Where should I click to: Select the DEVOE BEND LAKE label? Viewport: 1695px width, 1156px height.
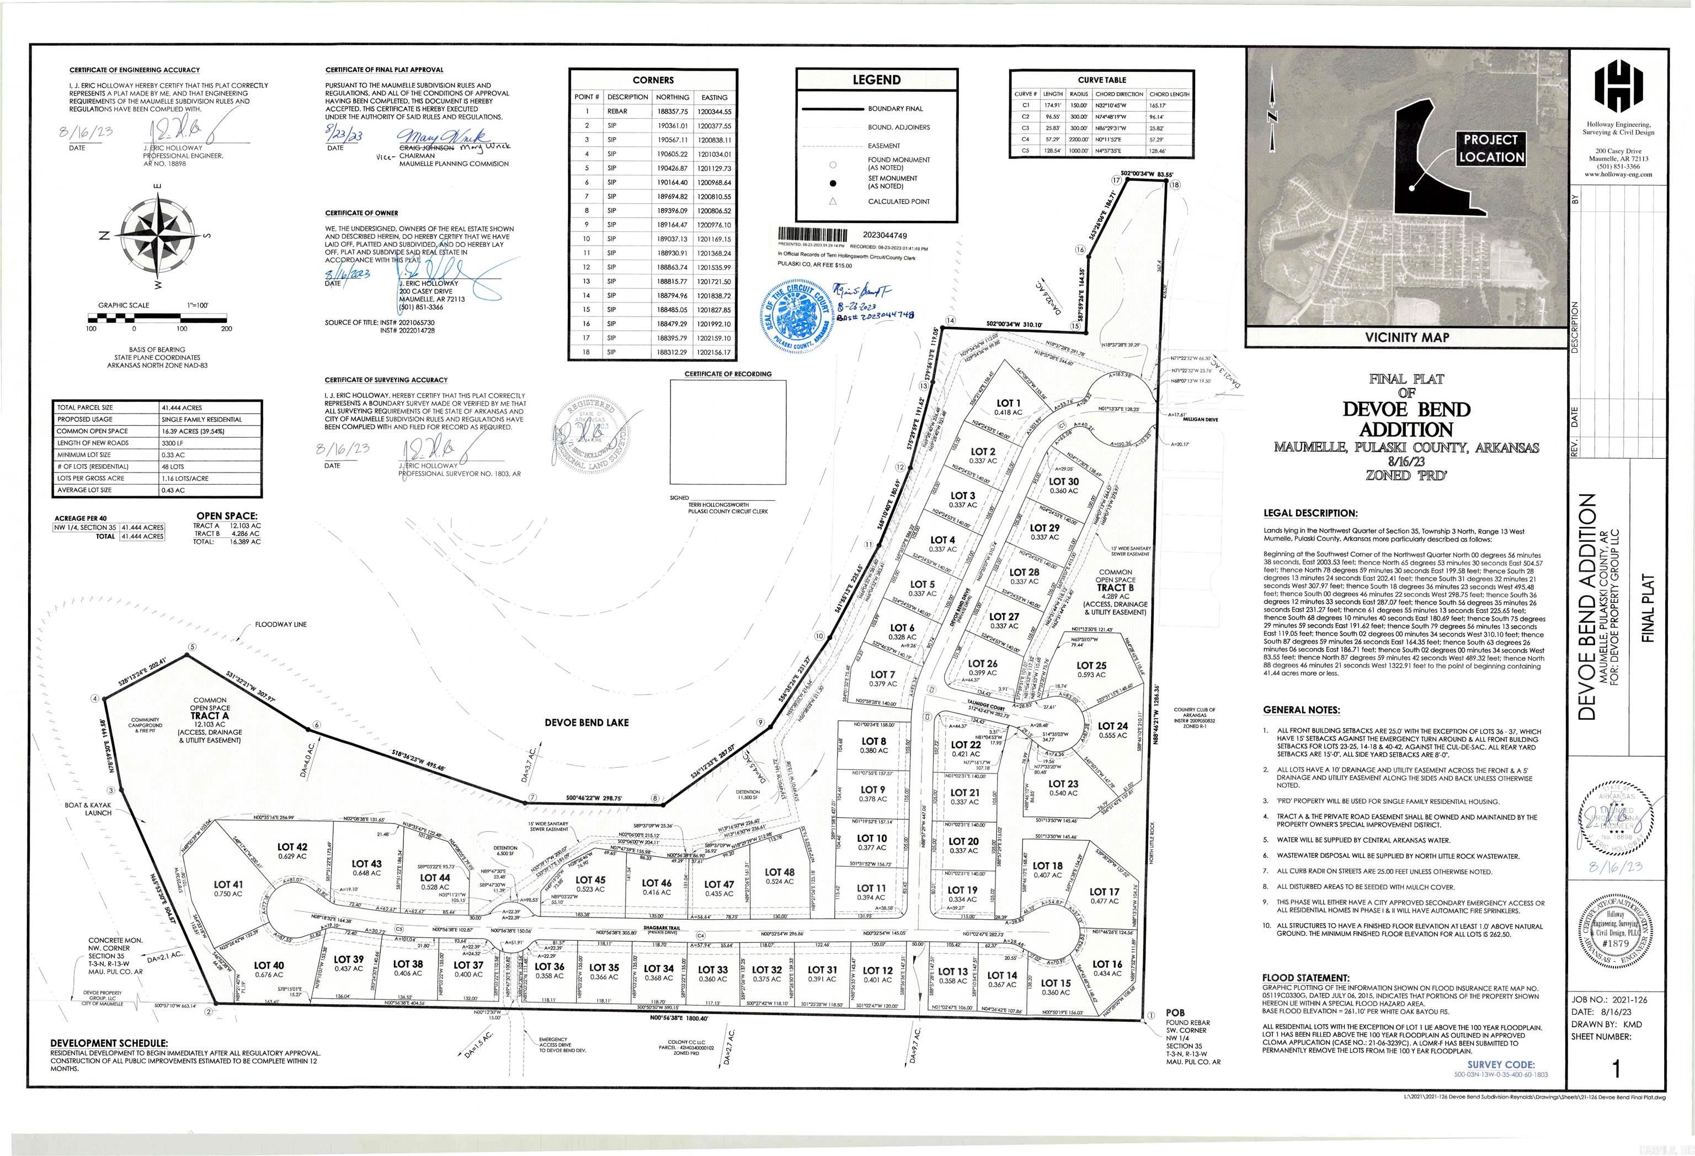pyautogui.click(x=587, y=723)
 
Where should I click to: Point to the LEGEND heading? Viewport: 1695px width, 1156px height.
pyautogui.click(x=876, y=80)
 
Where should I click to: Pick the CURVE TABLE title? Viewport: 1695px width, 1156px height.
pyautogui.click(x=1101, y=79)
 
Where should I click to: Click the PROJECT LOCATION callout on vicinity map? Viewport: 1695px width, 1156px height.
pyautogui.click(x=1491, y=148)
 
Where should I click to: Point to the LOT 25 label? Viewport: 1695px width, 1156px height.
pyautogui.click(x=1091, y=666)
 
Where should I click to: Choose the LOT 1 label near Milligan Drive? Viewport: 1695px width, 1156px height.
pyautogui.click(x=1009, y=403)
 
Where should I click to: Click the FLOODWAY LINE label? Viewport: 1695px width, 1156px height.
pyautogui.click(x=281, y=625)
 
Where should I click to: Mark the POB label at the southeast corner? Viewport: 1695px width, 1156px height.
pyautogui.click(x=1175, y=1013)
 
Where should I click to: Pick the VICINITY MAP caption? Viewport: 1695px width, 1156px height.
pyautogui.click(x=1406, y=337)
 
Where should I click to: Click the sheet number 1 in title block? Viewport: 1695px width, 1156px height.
pyautogui.click(x=1616, y=1069)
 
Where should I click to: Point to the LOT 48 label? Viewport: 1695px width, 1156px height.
pyautogui.click(x=779, y=872)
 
